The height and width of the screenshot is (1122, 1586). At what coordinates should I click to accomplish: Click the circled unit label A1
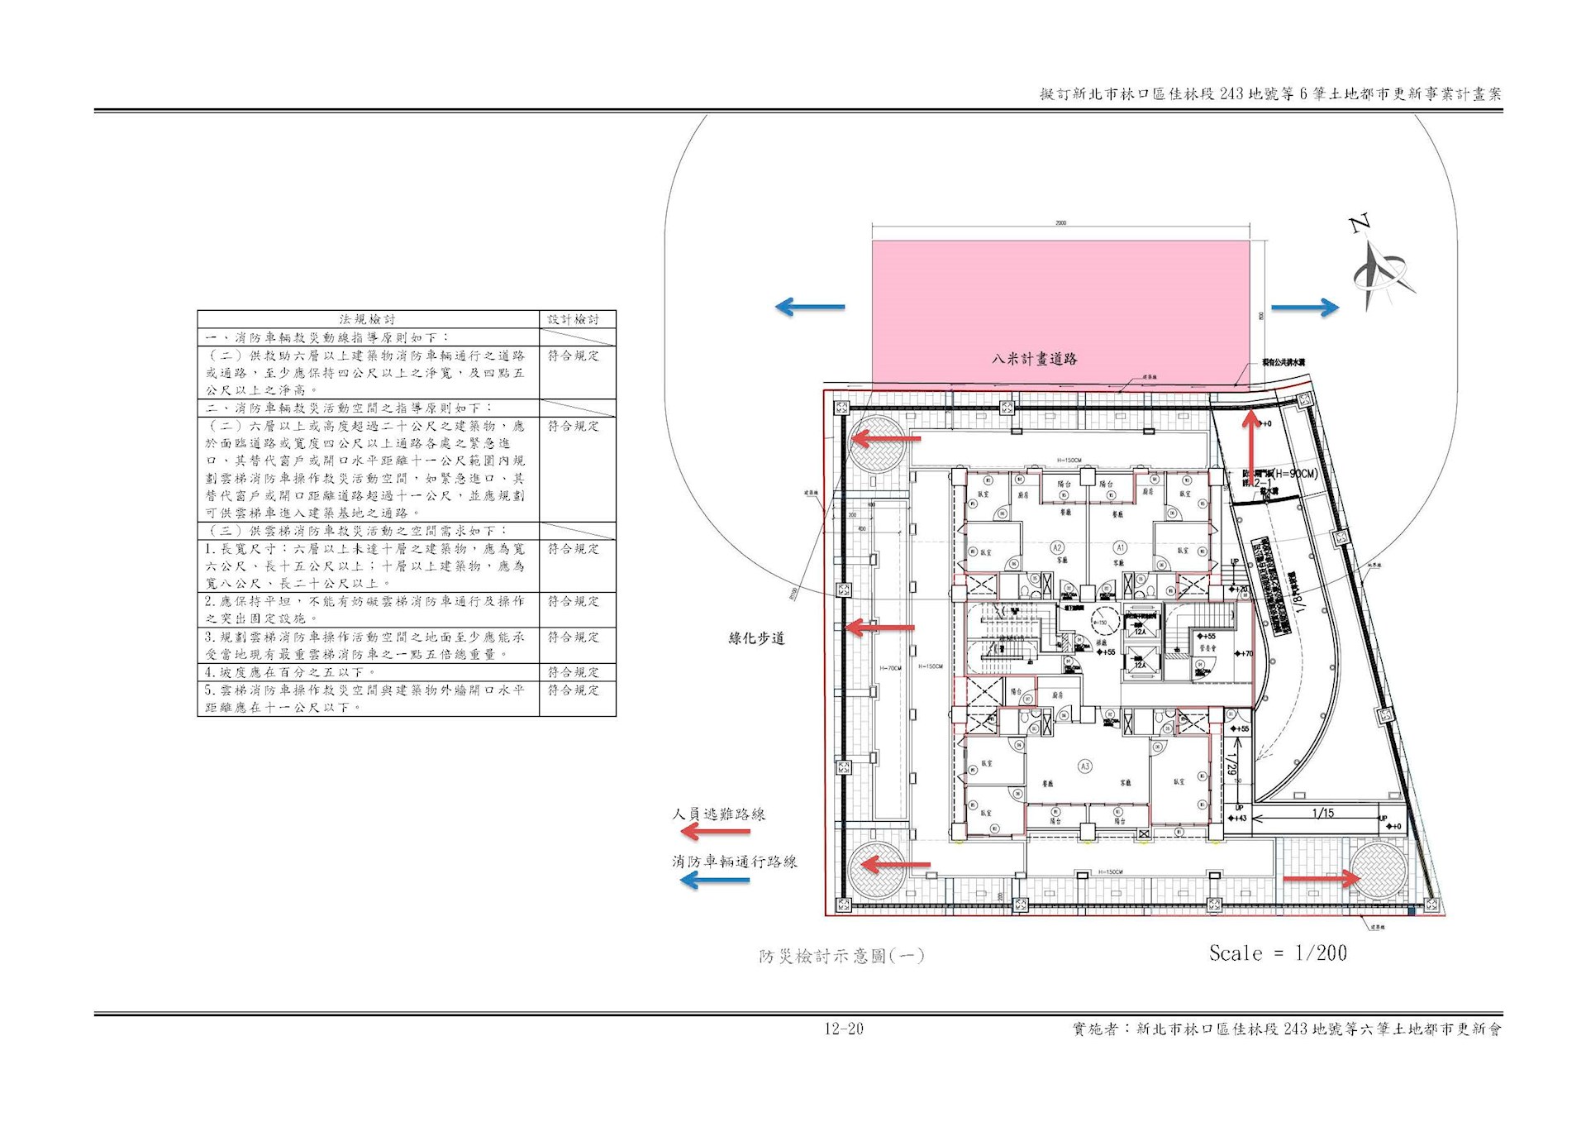(x=1121, y=547)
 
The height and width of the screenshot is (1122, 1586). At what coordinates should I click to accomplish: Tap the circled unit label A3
(x=1084, y=766)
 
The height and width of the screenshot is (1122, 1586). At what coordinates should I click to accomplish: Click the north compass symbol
(x=1379, y=269)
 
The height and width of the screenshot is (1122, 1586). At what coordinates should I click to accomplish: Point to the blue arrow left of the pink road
(x=810, y=308)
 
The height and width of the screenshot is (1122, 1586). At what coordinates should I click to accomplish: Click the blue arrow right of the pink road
(x=1304, y=308)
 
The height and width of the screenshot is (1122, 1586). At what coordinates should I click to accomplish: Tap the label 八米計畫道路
(x=1035, y=359)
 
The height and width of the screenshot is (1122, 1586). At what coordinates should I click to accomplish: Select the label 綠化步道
(x=756, y=638)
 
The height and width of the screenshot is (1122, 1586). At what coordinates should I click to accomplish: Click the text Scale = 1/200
(x=1278, y=953)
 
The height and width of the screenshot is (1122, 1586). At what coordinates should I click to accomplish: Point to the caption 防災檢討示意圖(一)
(x=841, y=956)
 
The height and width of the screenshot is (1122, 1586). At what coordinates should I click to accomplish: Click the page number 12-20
(x=843, y=1029)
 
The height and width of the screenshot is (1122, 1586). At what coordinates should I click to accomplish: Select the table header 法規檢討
(x=367, y=319)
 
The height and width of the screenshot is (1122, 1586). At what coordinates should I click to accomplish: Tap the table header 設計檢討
(x=574, y=319)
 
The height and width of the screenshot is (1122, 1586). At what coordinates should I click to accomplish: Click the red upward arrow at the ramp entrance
(x=1251, y=446)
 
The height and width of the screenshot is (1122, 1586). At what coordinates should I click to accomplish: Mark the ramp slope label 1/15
(x=1323, y=814)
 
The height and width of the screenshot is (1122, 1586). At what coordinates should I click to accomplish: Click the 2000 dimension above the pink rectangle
(x=1061, y=222)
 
